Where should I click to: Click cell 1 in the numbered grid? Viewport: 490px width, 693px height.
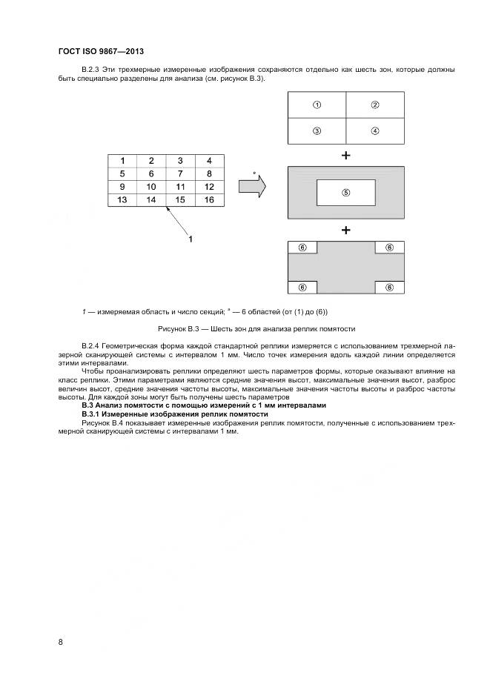[x=123, y=160]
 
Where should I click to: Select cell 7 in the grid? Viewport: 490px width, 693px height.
[x=180, y=173]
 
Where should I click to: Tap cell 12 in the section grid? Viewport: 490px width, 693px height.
[x=209, y=187]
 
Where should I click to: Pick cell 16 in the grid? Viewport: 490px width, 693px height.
[x=209, y=200]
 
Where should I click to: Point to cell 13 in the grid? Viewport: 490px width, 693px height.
[x=123, y=200]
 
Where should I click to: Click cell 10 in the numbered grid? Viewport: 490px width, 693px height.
[x=151, y=187]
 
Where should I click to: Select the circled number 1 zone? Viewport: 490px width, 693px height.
[x=317, y=105]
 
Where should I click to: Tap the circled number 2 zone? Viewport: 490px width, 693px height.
[x=375, y=105]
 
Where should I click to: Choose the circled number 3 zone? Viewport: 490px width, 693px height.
[x=317, y=131]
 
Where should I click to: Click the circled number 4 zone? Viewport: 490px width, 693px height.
[x=375, y=131]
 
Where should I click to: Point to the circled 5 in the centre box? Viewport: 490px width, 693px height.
[x=345, y=193]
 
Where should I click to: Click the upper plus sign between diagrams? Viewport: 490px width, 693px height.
[x=345, y=156]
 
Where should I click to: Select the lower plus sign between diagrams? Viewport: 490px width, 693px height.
[x=345, y=230]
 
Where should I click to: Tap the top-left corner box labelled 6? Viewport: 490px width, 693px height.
[x=302, y=248]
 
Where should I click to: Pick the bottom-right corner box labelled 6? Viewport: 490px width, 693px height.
[x=390, y=287]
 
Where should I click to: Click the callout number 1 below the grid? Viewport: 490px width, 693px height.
[x=191, y=239]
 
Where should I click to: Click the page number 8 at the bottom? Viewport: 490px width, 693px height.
[x=60, y=642]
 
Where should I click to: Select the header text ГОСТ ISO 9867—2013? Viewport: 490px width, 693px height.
[x=100, y=51]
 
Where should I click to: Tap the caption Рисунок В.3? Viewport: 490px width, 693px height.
[x=257, y=328]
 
